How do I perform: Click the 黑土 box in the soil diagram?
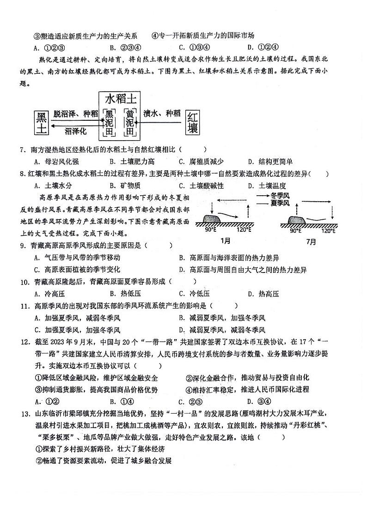pyautogui.click(x=42, y=123)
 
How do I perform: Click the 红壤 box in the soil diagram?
pyautogui.click(x=193, y=123)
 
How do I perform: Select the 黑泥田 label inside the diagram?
pyautogui.click(x=109, y=123)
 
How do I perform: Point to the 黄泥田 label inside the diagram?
pyautogui.click(x=131, y=123)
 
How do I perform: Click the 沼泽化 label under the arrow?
pyautogui.click(x=76, y=131)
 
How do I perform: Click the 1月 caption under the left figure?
pyautogui.click(x=226, y=241)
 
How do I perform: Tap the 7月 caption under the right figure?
pyautogui.click(x=311, y=241)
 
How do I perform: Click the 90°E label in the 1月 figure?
pyautogui.click(x=211, y=229)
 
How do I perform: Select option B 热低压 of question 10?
pyautogui.click(x=125, y=293)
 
